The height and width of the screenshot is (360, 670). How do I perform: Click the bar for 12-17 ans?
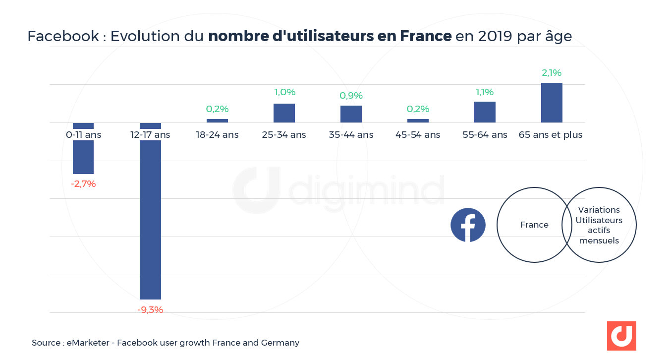150,218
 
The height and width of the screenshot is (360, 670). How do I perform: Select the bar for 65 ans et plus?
552,103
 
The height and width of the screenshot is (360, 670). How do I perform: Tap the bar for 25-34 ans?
284,113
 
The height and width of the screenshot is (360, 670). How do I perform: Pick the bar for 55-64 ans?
485,112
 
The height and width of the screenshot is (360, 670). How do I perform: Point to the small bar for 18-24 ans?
217,120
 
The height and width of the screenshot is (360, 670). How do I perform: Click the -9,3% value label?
150,310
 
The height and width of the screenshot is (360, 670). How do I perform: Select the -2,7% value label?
83,184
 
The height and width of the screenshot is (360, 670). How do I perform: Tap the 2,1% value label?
552,73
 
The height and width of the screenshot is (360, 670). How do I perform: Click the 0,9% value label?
351,96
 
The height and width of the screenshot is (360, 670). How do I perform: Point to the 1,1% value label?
485,92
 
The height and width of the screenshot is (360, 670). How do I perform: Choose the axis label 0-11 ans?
83,135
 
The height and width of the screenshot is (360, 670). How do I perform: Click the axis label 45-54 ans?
418,135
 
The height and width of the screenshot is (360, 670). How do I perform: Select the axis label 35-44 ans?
351,135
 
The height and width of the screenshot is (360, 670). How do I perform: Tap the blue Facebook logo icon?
468,225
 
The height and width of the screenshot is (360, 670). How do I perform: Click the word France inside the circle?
534,225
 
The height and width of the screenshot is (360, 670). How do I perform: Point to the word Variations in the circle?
599,210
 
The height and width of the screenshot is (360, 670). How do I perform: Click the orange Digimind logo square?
621,336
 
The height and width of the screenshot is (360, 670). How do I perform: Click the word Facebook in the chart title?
63,36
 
